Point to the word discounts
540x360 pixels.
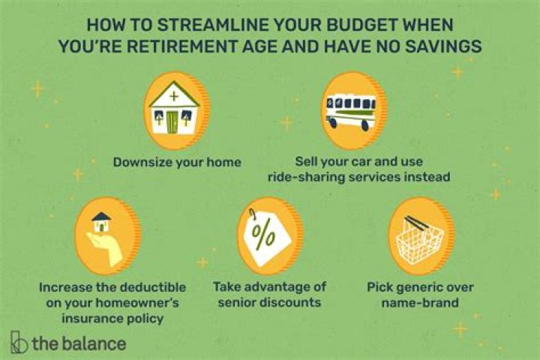[x=283, y=303]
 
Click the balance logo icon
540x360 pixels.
[x=20, y=343]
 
